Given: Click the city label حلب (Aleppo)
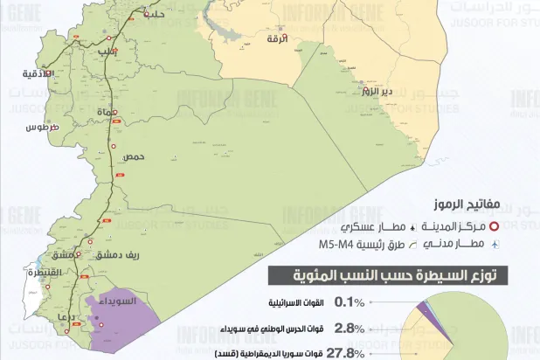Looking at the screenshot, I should [153, 15].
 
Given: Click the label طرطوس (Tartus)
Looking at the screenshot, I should [42, 128].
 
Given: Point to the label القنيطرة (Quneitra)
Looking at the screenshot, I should [45, 273].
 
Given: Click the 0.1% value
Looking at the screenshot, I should [349, 303].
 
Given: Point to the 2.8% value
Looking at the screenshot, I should [349, 328].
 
